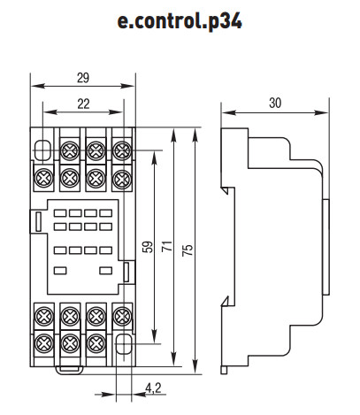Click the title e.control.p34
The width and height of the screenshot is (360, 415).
[x=180, y=21]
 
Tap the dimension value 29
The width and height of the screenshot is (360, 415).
[x=83, y=78]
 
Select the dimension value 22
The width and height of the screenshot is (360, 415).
[x=83, y=104]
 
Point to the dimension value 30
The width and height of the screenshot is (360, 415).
[x=275, y=103]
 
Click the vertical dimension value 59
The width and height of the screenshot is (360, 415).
[x=149, y=247]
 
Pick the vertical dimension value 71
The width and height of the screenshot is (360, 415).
[x=167, y=246]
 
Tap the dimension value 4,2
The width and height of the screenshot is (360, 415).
[x=153, y=388]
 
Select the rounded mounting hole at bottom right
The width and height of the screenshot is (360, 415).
[x=124, y=344]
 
